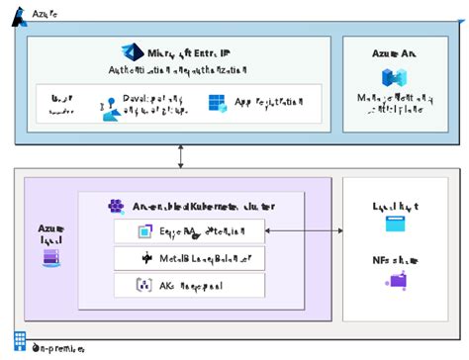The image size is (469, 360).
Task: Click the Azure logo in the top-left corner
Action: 17,17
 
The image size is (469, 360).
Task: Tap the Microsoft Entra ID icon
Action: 132,52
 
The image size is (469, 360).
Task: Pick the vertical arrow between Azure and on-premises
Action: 180,155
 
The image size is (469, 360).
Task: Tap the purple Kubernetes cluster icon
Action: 115,206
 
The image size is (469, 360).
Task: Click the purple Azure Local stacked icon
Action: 50,258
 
